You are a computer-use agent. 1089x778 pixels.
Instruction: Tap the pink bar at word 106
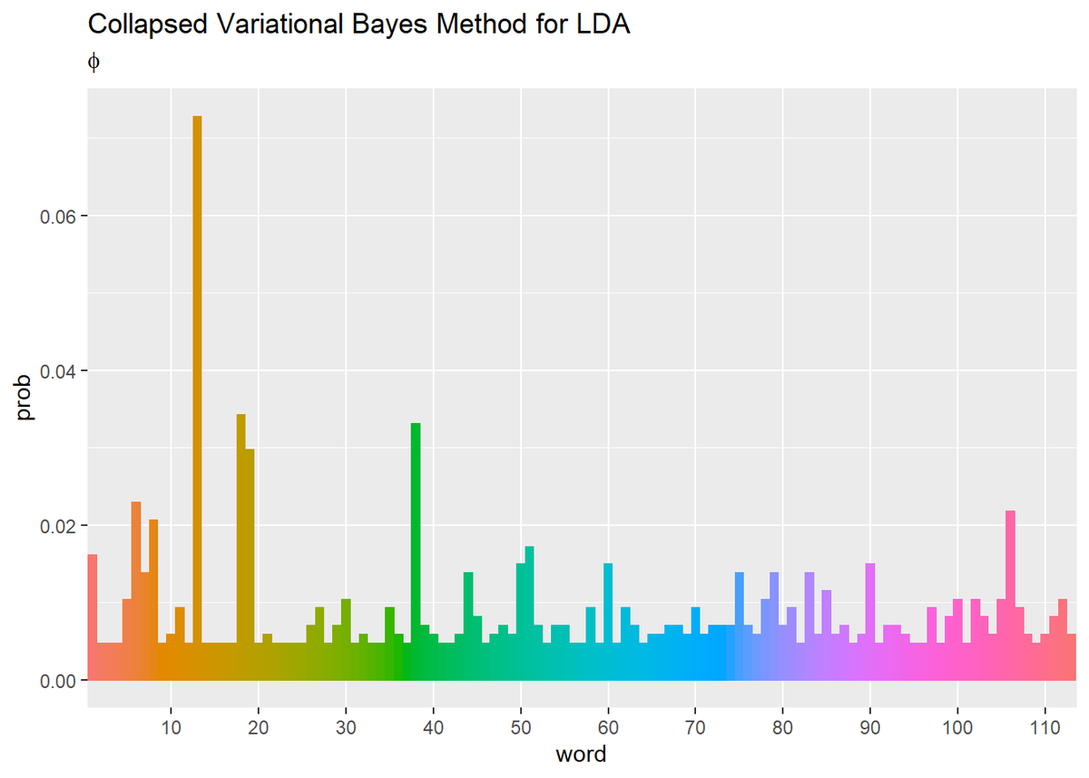(x=1010, y=595)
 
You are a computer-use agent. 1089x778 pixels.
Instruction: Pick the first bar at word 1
(x=92, y=616)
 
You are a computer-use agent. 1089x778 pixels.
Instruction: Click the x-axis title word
(x=582, y=753)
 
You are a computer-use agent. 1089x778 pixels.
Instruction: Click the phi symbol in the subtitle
(x=93, y=61)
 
